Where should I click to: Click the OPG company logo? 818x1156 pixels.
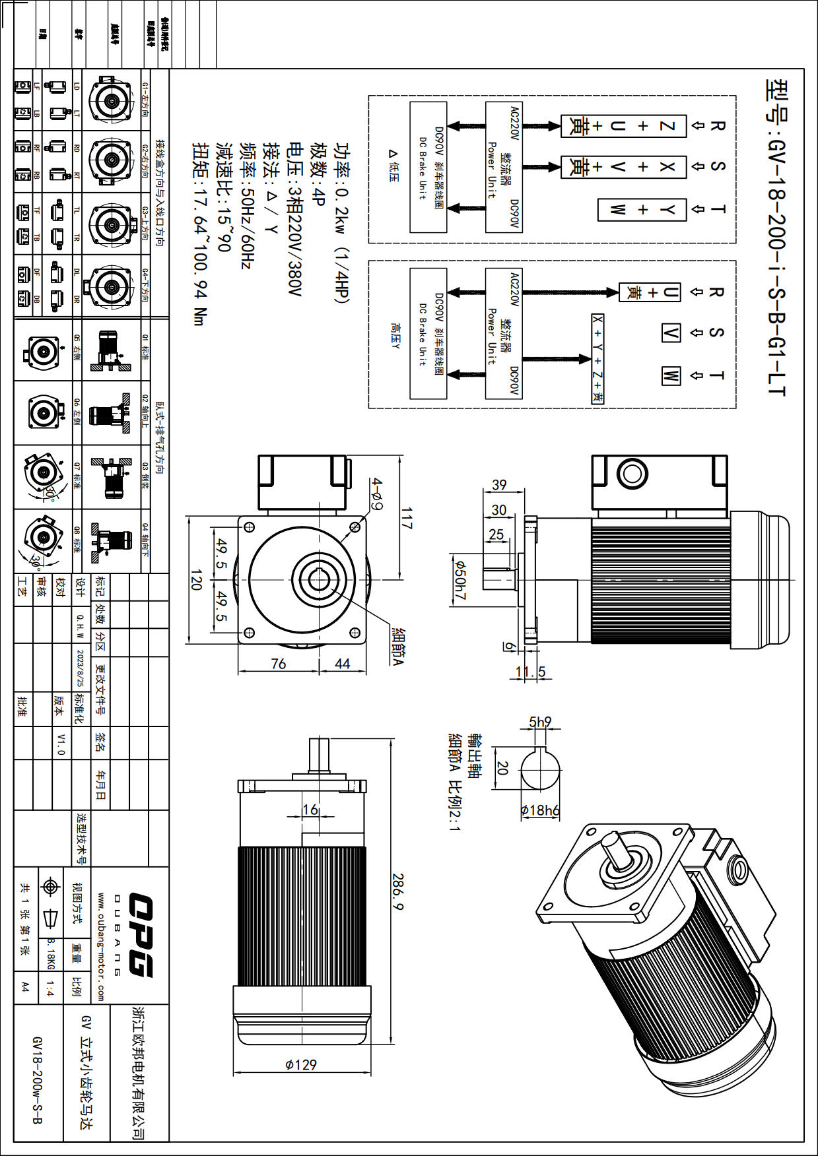[x=141, y=934]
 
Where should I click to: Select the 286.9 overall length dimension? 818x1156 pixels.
[x=398, y=891]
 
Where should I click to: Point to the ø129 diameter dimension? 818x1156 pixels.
[x=301, y=1064]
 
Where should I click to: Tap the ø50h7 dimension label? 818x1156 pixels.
[x=460, y=581]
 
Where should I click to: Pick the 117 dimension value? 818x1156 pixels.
[x=407, y=518]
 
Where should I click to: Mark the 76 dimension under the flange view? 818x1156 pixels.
[x=279, y=664]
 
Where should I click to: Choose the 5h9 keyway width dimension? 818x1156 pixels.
[x=540, y=722]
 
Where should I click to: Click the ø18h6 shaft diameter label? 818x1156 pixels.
[x=540, y=810]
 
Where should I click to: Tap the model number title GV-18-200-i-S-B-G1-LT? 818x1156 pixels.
[x=776, y=238]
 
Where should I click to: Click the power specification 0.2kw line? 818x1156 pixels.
[x=342, y=222]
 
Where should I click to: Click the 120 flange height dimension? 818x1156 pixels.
[x=196, y=579]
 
